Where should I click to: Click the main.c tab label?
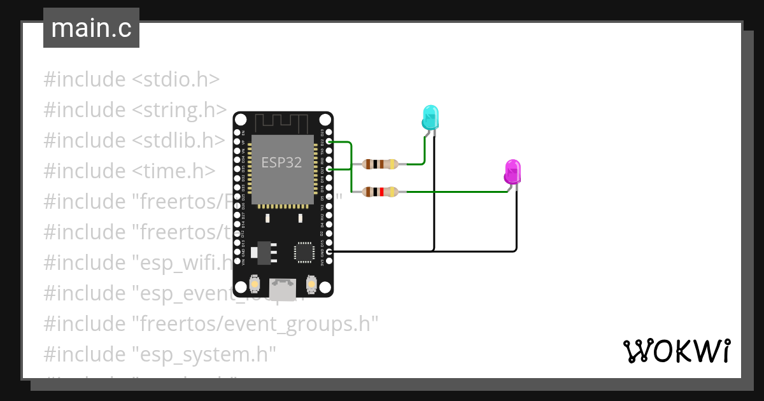91,28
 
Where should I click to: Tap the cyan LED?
430,118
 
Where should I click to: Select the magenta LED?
513,172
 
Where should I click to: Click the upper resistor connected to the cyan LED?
380,164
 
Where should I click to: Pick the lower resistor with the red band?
380,192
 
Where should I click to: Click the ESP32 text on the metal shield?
281,162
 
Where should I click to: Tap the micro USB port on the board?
283,290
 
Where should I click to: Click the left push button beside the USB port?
255,284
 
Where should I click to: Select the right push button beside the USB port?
311,284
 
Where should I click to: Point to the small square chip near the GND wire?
304,252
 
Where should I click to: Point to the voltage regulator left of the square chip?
263,253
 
